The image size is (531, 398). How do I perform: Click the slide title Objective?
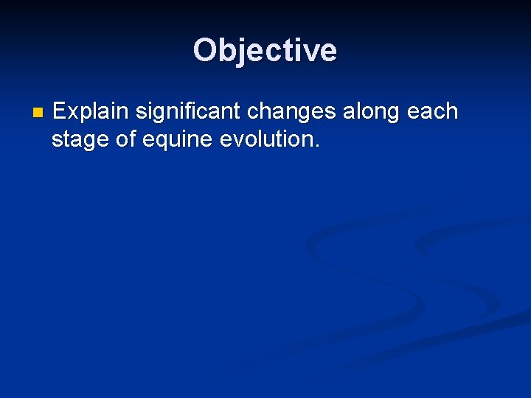tap(265, 51)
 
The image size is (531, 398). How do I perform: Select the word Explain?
tap(91, 112)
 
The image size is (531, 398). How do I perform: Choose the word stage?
tap(80, 140)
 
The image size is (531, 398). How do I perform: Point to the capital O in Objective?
tap(205, 51)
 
